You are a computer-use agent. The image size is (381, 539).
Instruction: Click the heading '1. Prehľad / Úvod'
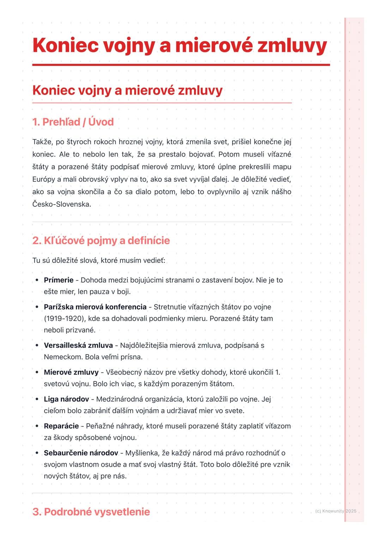(73, 122)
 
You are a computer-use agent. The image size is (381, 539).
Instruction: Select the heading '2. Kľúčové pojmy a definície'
(101, 241)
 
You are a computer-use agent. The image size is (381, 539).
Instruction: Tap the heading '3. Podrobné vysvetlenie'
(91, 512)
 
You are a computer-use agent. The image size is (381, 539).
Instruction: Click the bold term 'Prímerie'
(59, 280)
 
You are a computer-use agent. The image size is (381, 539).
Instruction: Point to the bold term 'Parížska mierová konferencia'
(95, 307)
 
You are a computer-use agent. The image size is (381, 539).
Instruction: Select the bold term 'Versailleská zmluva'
(78, 345)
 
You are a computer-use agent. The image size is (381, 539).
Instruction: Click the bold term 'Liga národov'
(66, 399)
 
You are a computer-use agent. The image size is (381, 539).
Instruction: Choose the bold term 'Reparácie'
(61, 426)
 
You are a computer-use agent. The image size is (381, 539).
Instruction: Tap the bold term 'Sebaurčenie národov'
(81, 453)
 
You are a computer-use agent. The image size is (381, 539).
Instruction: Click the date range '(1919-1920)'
(64, 319)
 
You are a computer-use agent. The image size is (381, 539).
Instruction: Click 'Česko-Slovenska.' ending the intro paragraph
(62, 204)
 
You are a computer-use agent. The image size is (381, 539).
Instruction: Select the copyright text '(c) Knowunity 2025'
(335, 511)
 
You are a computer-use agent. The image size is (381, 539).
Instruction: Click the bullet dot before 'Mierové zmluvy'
(37, 372)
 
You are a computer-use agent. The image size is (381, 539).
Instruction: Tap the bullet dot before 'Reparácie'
(37, 426)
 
